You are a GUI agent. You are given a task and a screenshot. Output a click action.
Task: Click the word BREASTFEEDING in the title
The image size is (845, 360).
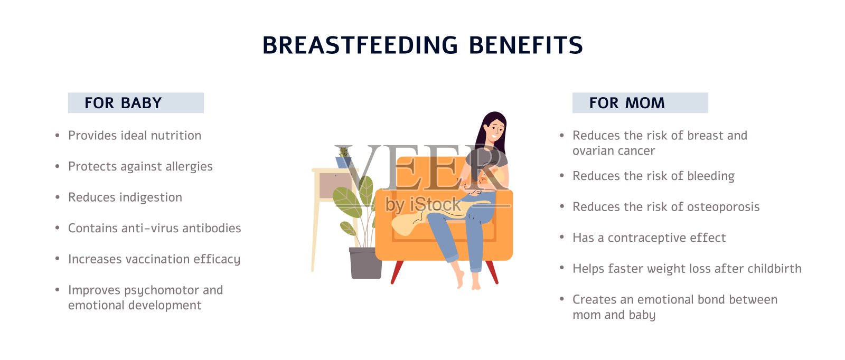click(x=360, y=45)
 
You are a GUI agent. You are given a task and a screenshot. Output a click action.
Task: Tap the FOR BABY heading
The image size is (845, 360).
click(x=123, y=103)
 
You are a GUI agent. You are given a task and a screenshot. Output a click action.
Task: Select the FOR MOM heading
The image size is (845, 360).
click(x=626, y=103)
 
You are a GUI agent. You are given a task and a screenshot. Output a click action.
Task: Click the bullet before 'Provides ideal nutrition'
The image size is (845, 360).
click(x=58, y=135)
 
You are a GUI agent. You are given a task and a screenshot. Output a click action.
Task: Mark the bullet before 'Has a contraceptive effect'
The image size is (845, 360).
click(x=562, y=237)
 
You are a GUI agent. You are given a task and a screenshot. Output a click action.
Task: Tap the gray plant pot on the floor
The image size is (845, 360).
click(x=365, y=263)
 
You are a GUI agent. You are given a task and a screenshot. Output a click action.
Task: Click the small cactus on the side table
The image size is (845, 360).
click(x=344, y=152)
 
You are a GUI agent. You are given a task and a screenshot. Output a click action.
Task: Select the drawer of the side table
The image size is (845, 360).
click(x=336, y=185)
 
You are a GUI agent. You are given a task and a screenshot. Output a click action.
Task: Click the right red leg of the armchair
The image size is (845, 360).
click(x=492, y=272)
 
